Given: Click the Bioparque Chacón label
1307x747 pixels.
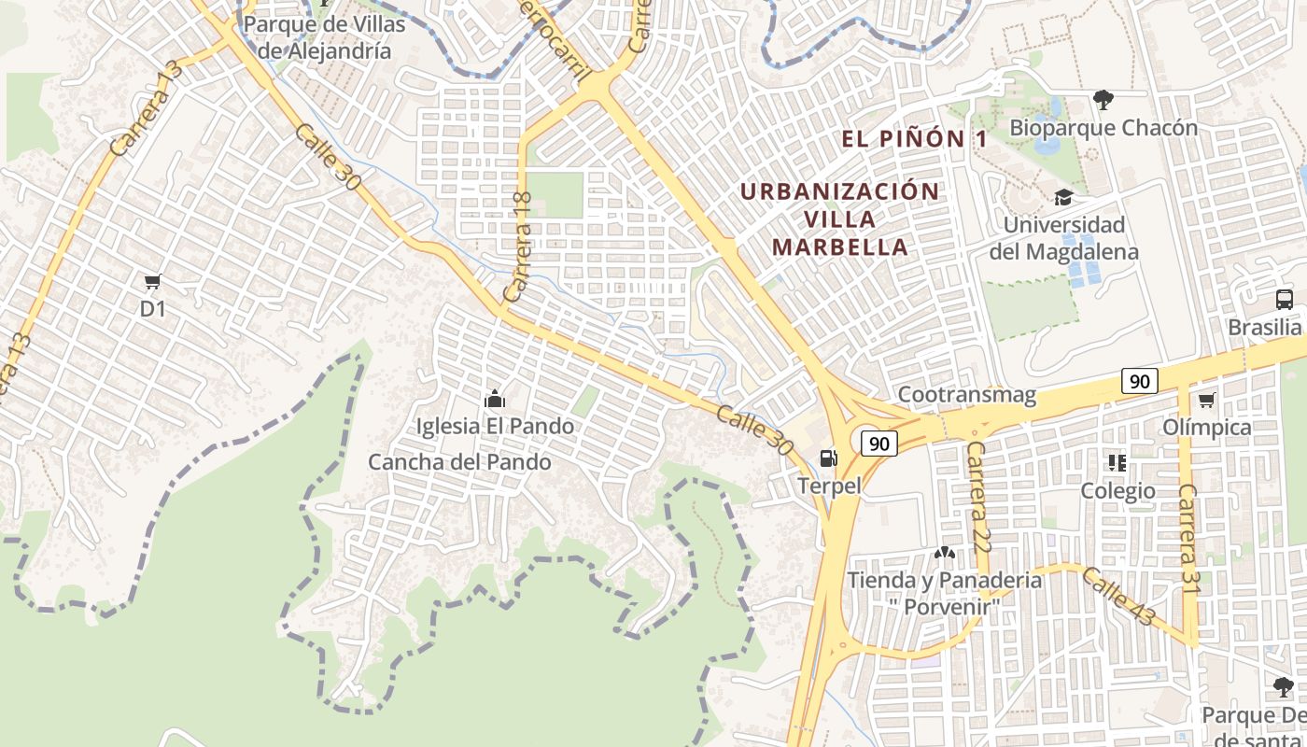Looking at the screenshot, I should click(x=1103, y=128).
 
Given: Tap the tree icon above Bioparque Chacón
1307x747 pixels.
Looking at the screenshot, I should click(x=1103, y=99).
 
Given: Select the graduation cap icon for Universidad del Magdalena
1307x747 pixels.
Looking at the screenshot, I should click(x=1062, y=197).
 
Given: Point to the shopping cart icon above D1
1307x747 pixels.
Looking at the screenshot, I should click(x=152, y=281).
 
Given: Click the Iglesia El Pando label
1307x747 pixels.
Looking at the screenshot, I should click(x=495, y=427).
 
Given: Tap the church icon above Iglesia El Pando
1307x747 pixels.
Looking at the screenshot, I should click(x=495, y=400).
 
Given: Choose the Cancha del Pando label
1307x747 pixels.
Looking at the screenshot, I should click(x=459, y=462).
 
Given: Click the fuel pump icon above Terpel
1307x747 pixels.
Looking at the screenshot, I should click(x=828, y=458).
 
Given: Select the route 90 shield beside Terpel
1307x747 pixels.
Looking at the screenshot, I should click(x=878, y=443).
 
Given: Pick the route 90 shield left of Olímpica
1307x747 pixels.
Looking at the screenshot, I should click(x=1140, y=381).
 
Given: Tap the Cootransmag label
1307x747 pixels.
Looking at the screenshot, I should click(x=967, y=395).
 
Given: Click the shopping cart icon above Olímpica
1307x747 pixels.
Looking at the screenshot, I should click(x=1206, y=401).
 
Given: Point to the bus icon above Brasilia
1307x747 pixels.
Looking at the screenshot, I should click(x=1285, y=300).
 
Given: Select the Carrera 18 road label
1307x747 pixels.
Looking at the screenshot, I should click(x=518, y=247).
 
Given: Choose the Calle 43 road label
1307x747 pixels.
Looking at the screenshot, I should click(x=1119, y=598).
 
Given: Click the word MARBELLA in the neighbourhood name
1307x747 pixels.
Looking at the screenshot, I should click(x=841, y=247).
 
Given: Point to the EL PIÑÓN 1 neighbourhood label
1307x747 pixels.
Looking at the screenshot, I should click(x=914, y=139).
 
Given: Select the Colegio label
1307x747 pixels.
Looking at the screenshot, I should click(x=1117, y=491).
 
